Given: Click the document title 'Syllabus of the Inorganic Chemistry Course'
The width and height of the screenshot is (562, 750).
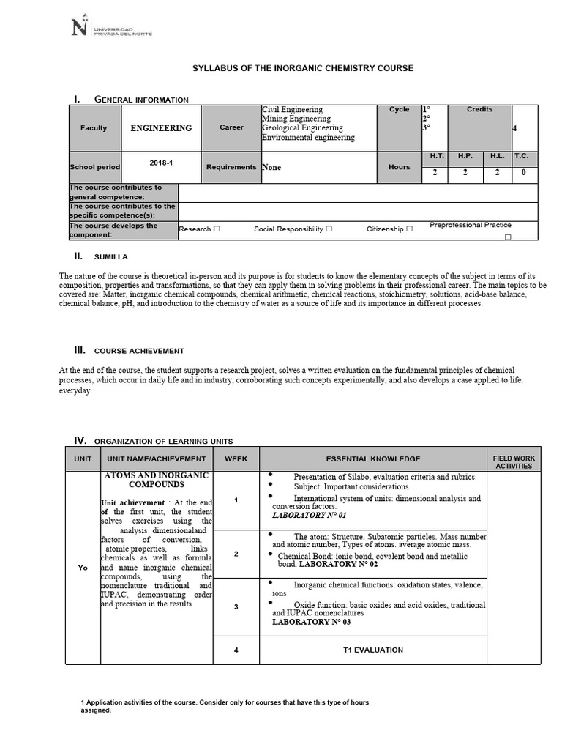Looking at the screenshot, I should tap(302, 68).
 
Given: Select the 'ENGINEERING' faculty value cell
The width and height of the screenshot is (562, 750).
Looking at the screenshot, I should tap(161, 128).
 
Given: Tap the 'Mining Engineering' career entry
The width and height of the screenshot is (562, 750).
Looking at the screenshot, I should tap(296, 119).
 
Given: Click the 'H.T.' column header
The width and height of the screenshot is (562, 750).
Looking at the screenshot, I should tap(435, 157).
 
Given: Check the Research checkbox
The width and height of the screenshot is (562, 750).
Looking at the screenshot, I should tap(217, 229).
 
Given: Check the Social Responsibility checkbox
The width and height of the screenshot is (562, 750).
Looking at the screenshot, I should tap(329, 229).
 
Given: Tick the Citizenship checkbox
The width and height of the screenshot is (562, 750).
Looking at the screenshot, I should tap(410, 229).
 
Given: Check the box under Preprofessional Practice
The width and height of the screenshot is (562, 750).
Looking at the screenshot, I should tap(508, 237).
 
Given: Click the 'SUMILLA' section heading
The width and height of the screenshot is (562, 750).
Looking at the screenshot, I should tap(110, 258).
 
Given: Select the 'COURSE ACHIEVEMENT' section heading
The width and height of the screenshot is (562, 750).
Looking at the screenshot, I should tap(138, 351).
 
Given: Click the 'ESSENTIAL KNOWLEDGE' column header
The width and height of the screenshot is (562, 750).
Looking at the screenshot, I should tap(372, 459).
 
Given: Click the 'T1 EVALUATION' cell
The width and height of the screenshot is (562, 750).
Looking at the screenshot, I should tap(372, 650).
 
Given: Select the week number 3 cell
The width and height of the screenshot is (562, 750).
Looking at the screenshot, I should tap(236, 607).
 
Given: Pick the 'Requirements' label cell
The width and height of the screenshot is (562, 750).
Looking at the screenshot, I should tap(231, 167).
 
